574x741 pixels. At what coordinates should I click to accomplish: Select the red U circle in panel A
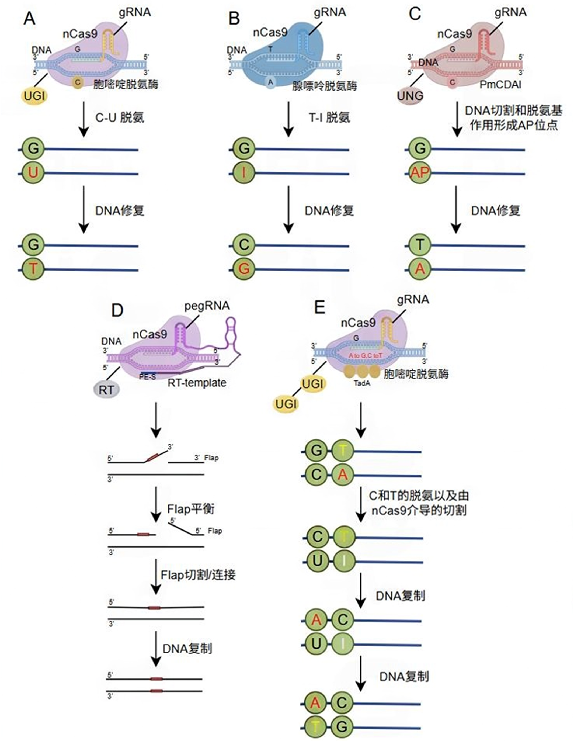(33, 173)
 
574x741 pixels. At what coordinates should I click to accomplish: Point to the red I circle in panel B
(243, 173)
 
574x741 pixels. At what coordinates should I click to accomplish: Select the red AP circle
(420, 173)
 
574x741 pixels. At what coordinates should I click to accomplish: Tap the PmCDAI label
(500, 85)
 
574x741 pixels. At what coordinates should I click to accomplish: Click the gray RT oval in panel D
(106, 390)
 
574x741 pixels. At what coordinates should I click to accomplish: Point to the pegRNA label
(207, 306)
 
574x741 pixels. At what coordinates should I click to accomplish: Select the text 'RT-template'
(197, 383)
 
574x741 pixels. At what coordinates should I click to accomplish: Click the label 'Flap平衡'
(191, 509)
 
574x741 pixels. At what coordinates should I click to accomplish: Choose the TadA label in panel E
(362, 383)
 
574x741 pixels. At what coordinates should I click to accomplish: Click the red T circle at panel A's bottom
(33, 269)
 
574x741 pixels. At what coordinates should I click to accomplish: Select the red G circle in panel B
(243, 269)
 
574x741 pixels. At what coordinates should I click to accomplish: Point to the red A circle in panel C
(420, 269)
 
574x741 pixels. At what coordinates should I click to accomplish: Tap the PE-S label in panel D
(148, 377)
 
